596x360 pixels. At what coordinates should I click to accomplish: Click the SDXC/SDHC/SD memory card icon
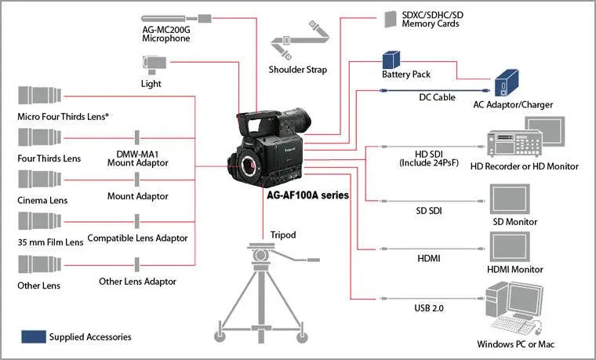[x=390, y=19]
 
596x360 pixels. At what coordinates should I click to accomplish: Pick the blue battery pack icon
[x=392, y=60]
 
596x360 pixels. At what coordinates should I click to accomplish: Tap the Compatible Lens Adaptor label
[x=138, y=238]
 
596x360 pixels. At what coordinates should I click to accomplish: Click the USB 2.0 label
[x=429, y=308]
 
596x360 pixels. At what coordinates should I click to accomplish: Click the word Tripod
[x=282, y=235]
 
